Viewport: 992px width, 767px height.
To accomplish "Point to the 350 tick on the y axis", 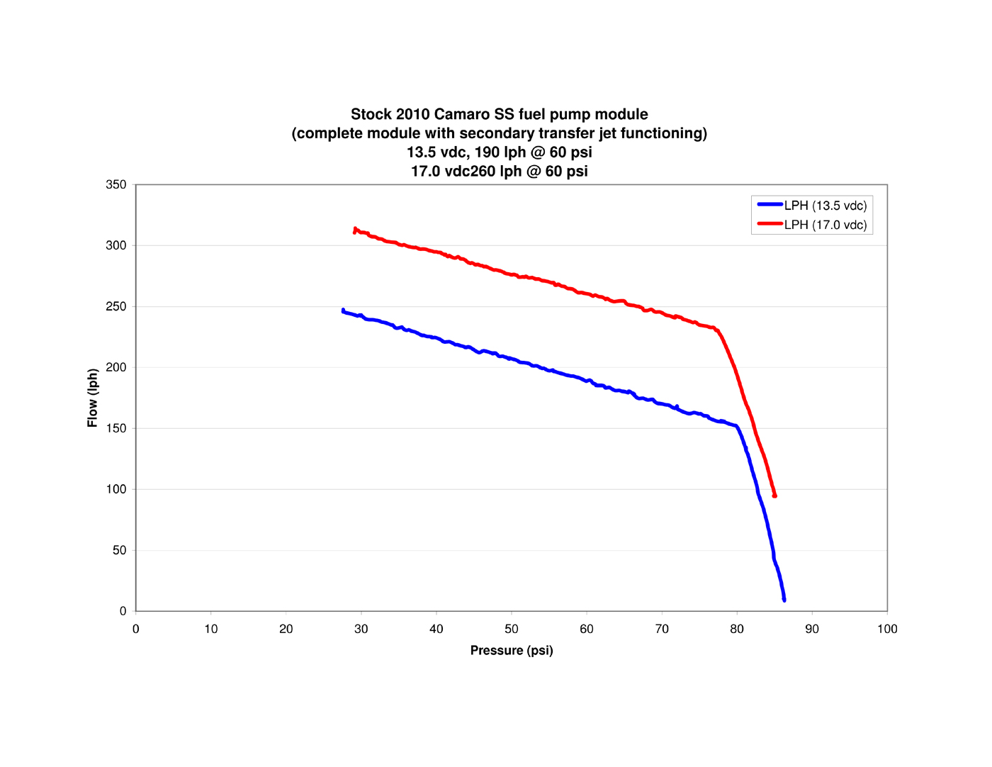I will tap(115, 184).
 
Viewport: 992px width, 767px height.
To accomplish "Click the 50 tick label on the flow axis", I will tap(119, 550).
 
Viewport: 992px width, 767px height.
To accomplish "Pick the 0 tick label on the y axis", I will tap(123, 611).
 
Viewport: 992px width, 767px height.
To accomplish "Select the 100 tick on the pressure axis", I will tap(886, 629).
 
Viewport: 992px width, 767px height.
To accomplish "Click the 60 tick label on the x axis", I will tap(586, 629).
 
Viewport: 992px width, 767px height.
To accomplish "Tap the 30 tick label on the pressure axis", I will tap(361, 629).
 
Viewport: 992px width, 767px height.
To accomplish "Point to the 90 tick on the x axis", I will tap(811, 629).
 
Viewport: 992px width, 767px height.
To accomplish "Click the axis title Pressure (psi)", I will tap(511, 650).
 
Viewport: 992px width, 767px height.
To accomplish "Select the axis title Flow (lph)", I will tap(92, 398).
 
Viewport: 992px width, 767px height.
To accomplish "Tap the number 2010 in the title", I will tap(412, 114).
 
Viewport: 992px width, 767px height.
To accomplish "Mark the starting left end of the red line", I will tap(355, 230).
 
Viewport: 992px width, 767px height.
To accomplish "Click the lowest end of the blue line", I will tap(784, 600).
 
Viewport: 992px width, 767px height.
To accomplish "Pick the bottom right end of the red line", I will tap(774, 496).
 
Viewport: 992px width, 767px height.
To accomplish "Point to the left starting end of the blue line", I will tap(344, 310).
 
